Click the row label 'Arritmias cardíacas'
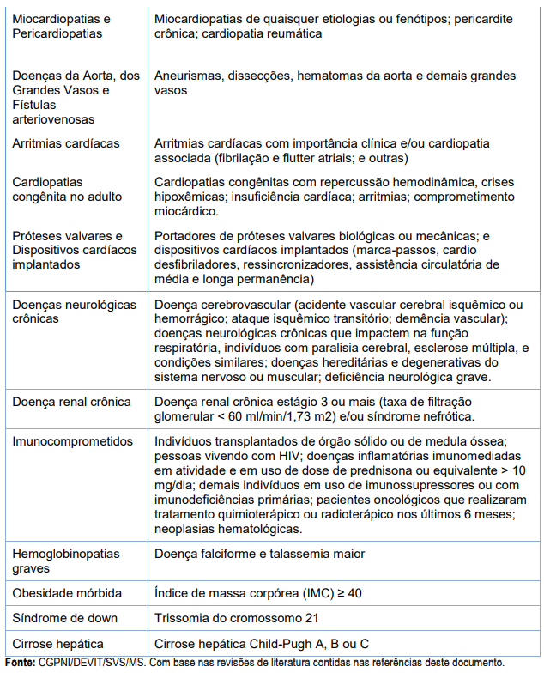click(x=66, y=143)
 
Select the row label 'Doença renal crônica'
click(x=71, y=402)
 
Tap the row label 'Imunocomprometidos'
click(x=73, y=441)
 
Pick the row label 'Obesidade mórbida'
click(x=67, y=593)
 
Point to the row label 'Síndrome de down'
click(x=65, y=618)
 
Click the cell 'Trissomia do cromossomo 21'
click(x=236, y=618)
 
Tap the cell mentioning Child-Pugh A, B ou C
click(x=263, y=643)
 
